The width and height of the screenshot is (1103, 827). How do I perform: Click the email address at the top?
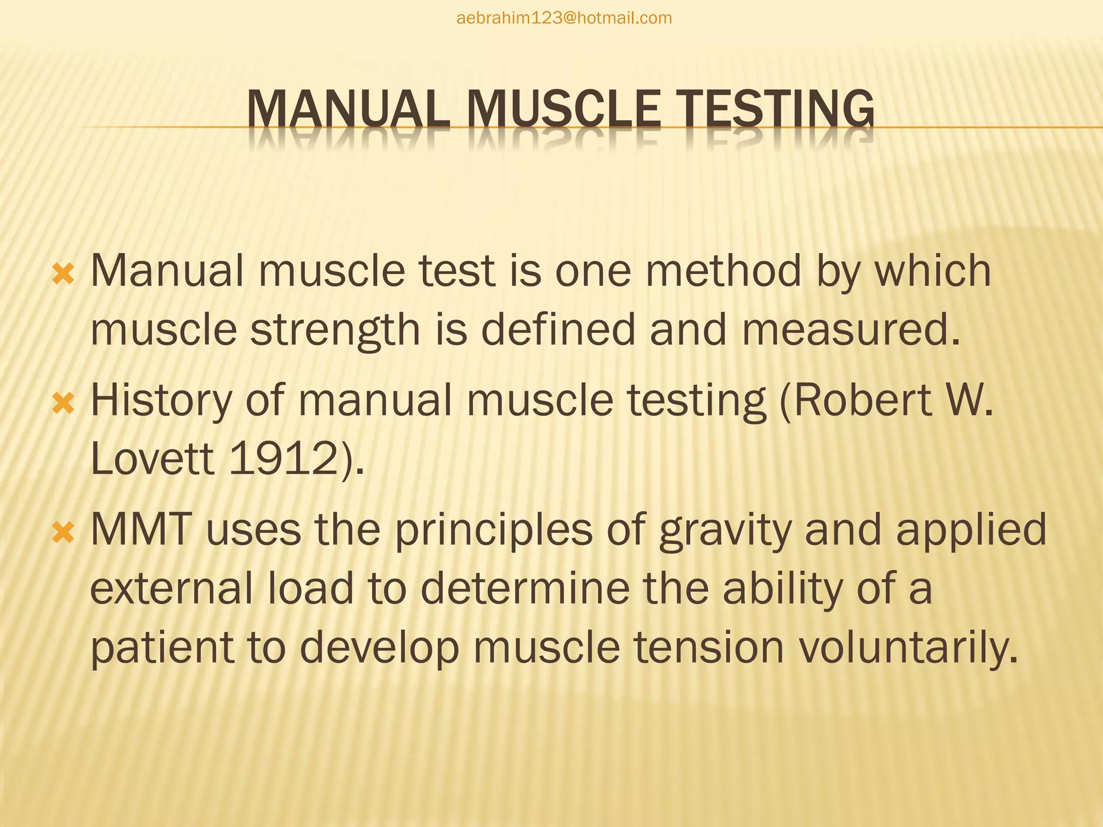coord(564,18)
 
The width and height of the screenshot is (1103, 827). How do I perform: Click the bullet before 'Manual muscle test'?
coord(63,276)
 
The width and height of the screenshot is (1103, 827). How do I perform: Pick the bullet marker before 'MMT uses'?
coord(63,534)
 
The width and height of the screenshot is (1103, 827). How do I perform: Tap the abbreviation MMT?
coord(141,530)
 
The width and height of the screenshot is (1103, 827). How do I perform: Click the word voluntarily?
coord(908,648)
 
